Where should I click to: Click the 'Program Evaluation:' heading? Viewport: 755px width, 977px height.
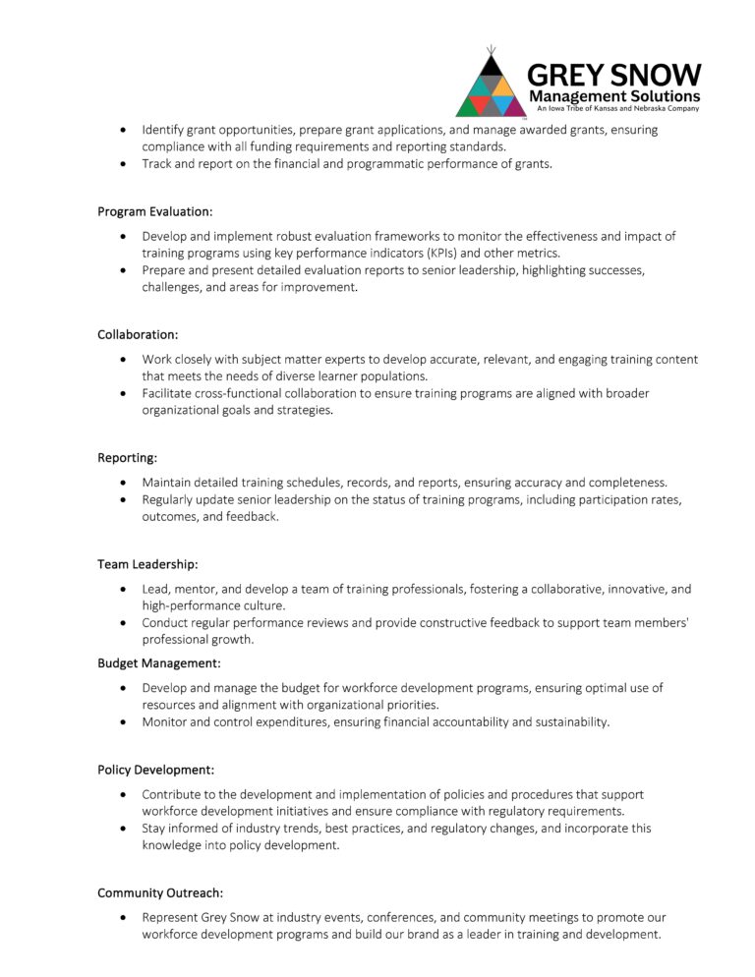154,211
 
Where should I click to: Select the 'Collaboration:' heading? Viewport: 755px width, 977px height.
138,335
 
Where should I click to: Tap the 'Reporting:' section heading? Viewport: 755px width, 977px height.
127,458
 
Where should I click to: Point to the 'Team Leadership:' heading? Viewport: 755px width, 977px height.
147,564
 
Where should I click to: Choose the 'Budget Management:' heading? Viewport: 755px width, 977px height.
158,663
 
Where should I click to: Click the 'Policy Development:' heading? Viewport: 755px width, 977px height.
155,770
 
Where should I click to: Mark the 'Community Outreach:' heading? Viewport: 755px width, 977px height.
160,892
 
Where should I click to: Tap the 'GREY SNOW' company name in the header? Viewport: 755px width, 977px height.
614,76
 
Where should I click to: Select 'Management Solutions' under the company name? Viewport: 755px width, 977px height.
614,96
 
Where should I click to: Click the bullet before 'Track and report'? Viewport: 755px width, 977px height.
122,164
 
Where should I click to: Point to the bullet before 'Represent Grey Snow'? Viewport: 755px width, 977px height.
122,917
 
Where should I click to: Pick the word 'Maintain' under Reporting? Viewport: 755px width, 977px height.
168,483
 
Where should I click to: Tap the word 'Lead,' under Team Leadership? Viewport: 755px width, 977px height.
157,589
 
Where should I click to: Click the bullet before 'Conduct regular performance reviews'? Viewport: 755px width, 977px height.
122,622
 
